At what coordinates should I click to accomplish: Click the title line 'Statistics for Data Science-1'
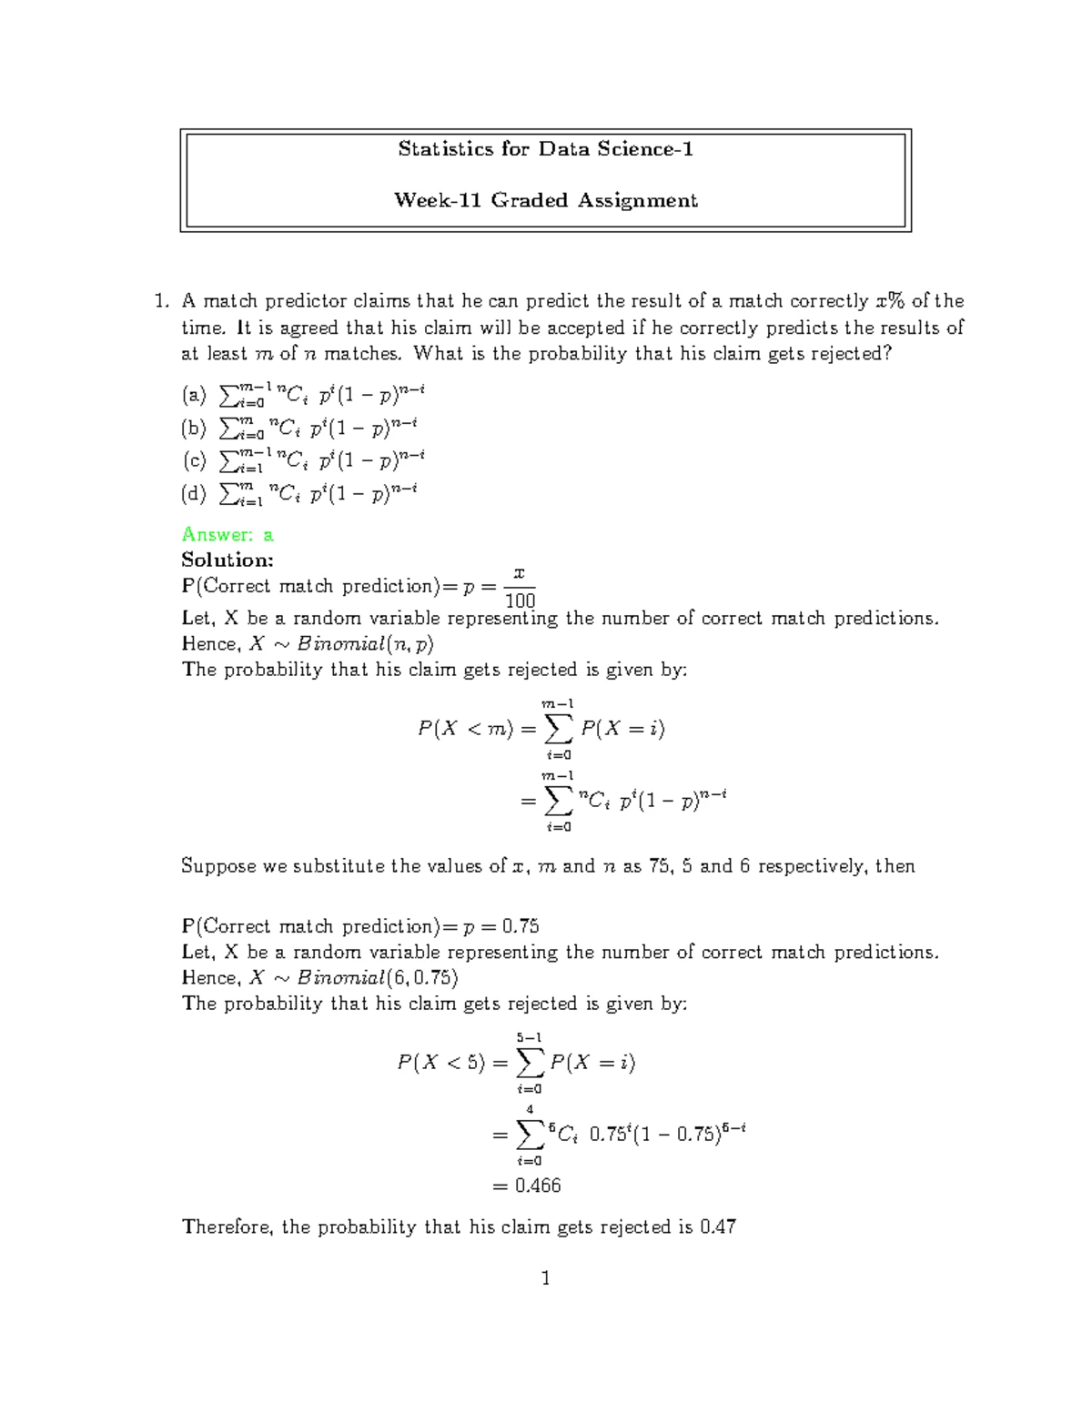545,149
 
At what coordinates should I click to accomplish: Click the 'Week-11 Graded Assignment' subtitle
545,200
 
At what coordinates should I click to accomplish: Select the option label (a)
194,395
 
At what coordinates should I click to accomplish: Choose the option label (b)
194,427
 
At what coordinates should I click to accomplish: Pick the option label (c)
194,460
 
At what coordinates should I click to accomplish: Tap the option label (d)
194,493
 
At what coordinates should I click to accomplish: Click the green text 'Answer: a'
227,534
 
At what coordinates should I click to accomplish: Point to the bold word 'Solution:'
227,560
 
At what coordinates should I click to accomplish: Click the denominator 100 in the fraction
520,601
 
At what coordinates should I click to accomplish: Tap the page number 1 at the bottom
545,1278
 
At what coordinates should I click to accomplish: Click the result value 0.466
538,1186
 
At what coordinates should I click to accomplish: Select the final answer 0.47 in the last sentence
718,1226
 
